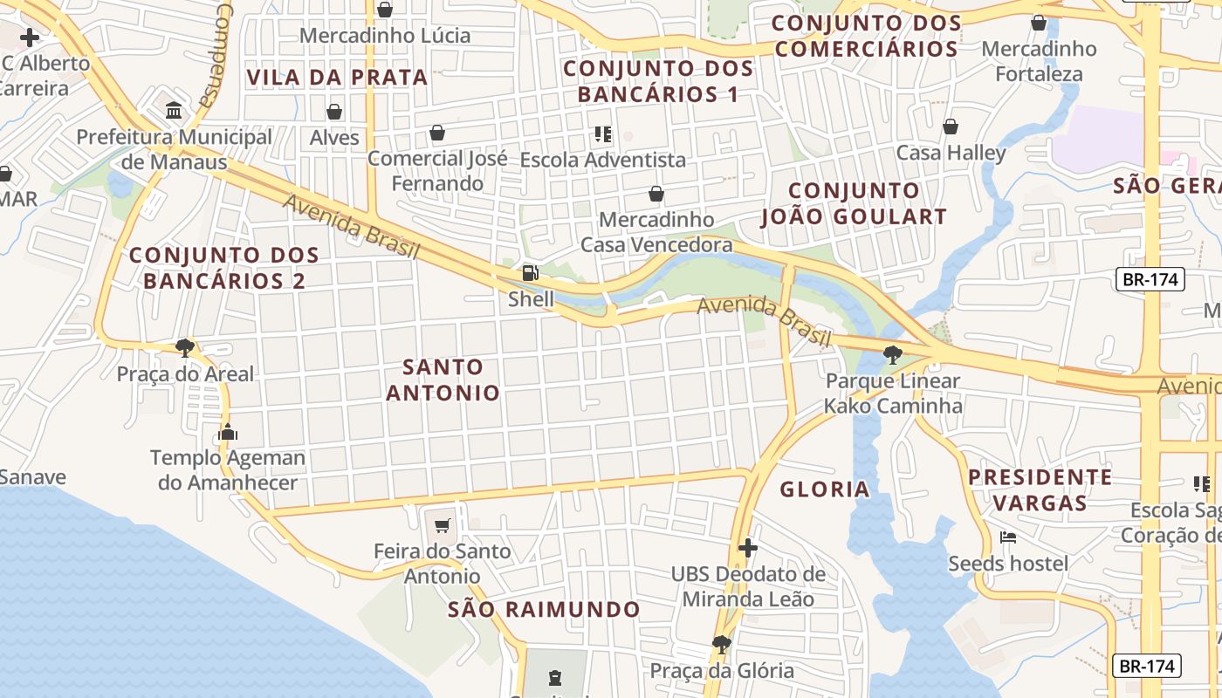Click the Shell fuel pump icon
click(x=530, y=273)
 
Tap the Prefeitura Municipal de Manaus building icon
click(x=174, y=112)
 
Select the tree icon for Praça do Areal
click(x=184, y=348)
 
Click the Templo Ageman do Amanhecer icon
click(x=228, y=432)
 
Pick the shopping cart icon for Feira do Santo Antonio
click(x=443, y=525)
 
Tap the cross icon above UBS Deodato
click(x=747, y=548)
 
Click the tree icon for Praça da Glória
click(x=721, y=645)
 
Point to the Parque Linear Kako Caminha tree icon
click(x=892, y=355)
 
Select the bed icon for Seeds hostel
click(x=1008, y=537)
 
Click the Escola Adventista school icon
click(x=602, y=134)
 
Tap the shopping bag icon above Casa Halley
click(x=951, y=127)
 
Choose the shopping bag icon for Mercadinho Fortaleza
click(x=1039, y=23)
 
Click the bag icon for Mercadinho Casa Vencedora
click(x=656, y=194)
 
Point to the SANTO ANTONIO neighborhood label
click(x=443, y=380)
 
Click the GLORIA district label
click(x=825, y=489)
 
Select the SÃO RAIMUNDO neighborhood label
click(x=544, y=609)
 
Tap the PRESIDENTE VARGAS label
click(x=1040, y=489)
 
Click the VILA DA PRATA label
click(x=337, y=77)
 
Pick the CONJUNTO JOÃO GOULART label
click(x=854, y=203)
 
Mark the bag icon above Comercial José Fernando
click(x=437, y=133)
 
